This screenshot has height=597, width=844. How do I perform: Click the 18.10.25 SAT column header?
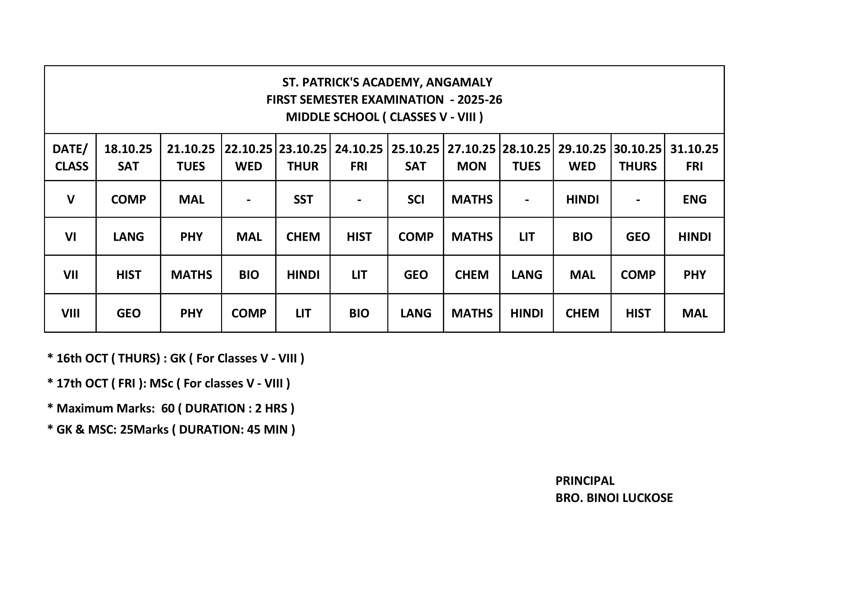[x=128, y=157]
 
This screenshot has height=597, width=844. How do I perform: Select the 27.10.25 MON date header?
[x=472, y=157]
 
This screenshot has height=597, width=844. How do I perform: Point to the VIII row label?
[x=70, y=313]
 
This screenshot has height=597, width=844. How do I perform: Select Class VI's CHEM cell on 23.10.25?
[x=303, y=237]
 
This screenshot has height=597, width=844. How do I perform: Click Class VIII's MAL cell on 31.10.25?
[x=694, y=313]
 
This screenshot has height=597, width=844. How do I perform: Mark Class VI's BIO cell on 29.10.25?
[x=582, y=237]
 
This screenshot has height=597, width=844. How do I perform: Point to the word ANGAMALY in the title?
[x=459, y=82]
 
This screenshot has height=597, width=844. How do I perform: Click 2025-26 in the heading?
[x=480, y=100]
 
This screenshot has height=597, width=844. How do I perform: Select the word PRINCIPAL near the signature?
[x=585, y=481]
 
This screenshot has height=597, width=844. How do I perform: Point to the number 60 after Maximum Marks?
[x=168, y=408]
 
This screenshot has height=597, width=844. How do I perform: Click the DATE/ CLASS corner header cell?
[x=70, y=157]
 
